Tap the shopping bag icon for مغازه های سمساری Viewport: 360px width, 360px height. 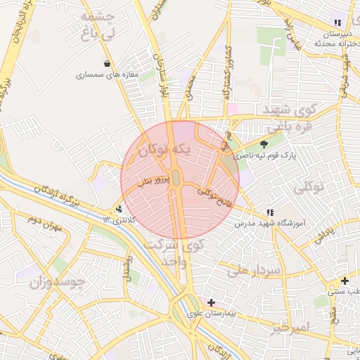(107, 63)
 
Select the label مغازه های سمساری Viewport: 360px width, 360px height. (106, 74)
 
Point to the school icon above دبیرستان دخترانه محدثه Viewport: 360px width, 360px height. (337, 23)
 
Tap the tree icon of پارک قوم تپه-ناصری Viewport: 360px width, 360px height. (264, 143)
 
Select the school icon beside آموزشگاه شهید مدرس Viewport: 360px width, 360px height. (269, 212)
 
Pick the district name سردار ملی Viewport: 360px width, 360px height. (253, 270)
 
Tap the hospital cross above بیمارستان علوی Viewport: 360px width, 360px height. (211, 302)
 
